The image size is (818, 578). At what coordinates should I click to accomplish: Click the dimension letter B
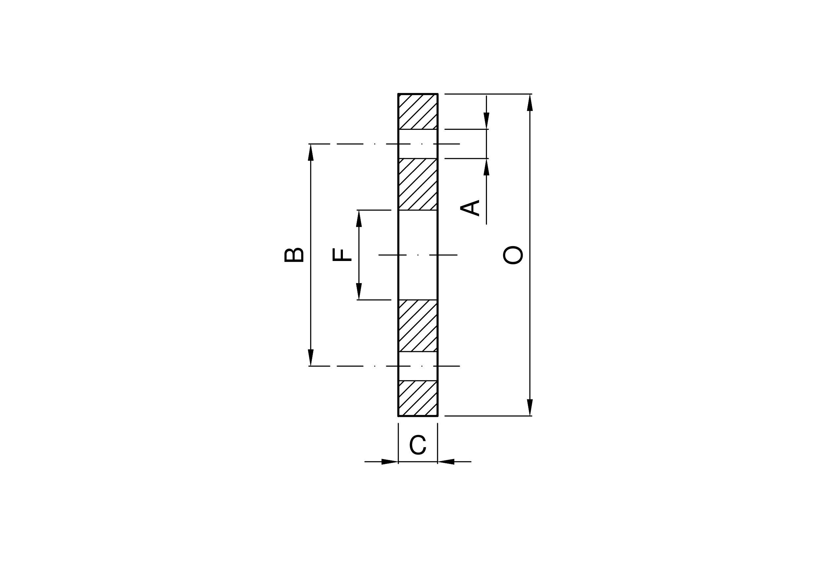point(294,255)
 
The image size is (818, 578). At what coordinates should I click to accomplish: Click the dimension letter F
point(342,255)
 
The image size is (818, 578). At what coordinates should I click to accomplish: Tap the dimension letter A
point(470,208)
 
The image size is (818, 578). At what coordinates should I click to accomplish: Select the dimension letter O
point(513,255)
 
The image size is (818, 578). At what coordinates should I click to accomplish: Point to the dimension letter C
point(417,445)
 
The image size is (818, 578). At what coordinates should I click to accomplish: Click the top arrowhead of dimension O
point(530,102)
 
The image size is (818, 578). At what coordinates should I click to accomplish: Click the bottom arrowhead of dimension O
point(530,407)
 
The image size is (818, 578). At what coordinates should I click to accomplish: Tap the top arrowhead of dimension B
point(311,153)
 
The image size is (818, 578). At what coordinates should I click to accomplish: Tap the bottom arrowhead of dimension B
point(311,358)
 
